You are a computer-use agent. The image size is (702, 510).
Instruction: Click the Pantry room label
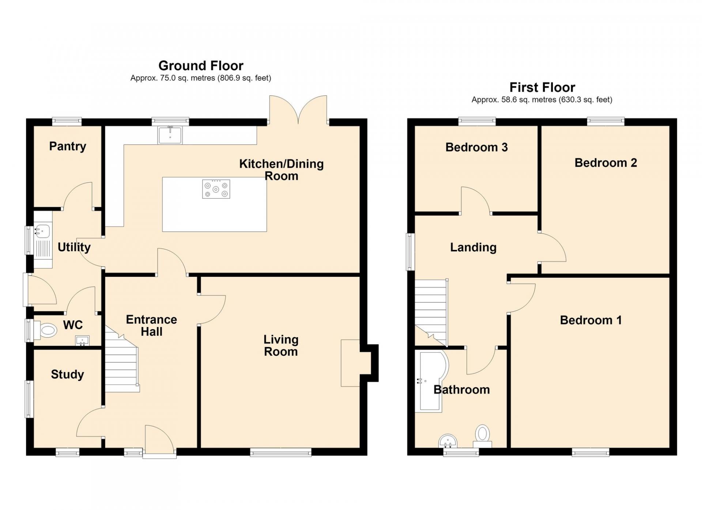(x=68, y=146)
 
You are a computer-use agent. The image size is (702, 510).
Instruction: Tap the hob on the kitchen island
(x=216, y=189)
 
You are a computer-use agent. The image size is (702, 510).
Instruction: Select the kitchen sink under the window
(x=170, y=135)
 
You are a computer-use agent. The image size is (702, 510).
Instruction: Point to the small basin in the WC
(x=82, y=341)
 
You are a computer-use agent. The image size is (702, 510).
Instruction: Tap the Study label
(x=67, y=374)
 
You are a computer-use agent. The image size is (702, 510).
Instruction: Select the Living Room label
(x=281, y=346)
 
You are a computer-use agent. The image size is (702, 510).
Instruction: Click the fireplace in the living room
(x=351, y=363)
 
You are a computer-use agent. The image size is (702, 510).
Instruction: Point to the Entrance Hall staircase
(x=122, y=360)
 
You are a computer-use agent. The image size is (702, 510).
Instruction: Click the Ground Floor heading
(x=201, y=66)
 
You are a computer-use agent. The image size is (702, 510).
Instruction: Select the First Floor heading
(x=542, y=87)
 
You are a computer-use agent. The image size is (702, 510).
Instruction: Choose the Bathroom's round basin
(x=448, y=441)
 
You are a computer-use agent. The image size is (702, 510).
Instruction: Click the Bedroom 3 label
(x=476, y=147)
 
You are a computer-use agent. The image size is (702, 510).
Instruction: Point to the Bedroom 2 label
(x=606, y=163)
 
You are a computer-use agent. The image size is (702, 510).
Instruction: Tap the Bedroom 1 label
(x=591, y=320)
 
